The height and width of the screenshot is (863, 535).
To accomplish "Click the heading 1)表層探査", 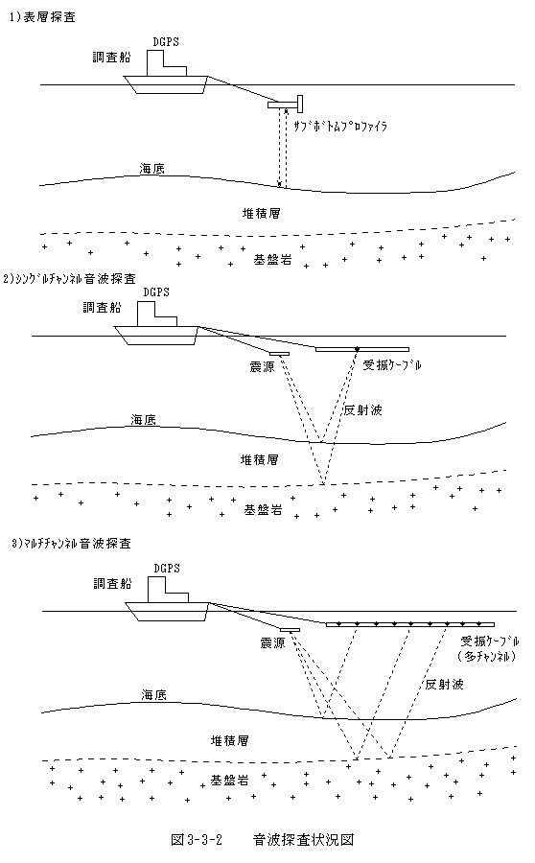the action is coord(42,17).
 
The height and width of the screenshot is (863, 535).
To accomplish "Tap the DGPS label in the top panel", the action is coord(166,42).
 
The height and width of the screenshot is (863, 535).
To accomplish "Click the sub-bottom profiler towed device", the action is coord(287,103).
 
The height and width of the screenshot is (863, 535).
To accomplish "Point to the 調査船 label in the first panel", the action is coord(112,58).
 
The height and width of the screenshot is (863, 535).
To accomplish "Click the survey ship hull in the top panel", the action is coord(165,84).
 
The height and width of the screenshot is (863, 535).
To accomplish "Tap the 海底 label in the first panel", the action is coord(151,169).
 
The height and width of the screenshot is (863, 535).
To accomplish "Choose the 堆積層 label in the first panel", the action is coord(262,213).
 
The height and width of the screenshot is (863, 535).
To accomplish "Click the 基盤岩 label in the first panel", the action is coord(272,260).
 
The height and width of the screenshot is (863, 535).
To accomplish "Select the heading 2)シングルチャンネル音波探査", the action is coord(69,279).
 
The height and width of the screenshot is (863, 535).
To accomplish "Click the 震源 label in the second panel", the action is coord(262,366).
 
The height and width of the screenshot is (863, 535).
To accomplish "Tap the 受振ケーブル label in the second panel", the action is coord(392,365).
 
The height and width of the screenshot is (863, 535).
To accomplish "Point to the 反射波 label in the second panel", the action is coord(362,410).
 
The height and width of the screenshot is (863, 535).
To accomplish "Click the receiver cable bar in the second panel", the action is coord(362,349).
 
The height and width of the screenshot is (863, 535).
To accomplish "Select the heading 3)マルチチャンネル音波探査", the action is coord(72,544).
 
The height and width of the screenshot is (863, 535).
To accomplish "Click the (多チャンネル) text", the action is coord(486,656).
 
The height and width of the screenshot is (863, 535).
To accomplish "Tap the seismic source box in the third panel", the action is coord(290,630).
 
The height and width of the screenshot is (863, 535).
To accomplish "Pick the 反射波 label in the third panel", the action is coord(444,684).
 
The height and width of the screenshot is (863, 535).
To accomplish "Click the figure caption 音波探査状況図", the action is coord(303,839).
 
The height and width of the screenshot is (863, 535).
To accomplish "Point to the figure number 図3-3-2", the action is coord(196,839).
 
